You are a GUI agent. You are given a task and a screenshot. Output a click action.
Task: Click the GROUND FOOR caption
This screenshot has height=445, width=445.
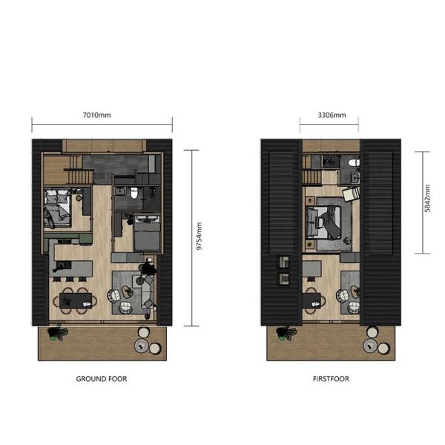point(102,379)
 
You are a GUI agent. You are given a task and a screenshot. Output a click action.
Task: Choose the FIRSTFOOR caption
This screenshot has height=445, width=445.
point(331,379)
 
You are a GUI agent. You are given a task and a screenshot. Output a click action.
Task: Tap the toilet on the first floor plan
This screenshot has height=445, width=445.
point(355,162)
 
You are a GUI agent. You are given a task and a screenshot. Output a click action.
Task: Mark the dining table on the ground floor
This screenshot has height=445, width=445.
point(78,300)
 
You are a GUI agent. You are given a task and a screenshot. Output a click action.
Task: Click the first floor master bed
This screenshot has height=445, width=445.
point(330,220)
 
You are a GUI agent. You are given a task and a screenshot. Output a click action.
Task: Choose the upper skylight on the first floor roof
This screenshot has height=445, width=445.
point(282,262)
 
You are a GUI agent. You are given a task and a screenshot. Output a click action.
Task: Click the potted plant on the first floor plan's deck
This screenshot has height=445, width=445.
point(283,332)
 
